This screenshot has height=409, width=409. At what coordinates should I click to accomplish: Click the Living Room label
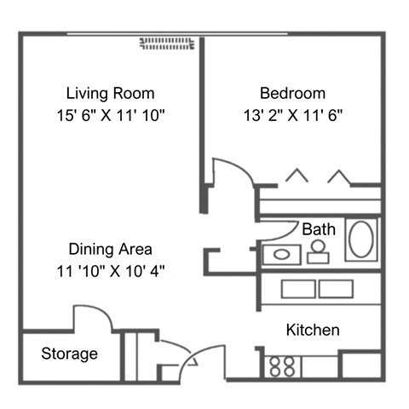pyautogui.click(x=110, y=93)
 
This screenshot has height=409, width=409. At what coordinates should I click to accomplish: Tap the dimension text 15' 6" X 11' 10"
pyautogui.click(x=110, y=114)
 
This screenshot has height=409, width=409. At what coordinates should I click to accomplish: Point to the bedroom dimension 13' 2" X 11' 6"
pyautogui.click(x=294, y=114)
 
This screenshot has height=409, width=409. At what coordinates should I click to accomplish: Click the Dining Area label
pyautogui.click(x=110, y=250)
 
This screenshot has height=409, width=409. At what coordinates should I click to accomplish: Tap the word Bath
pyautogui.click(x=319, y=229)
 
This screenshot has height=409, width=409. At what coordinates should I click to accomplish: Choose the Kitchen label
pyautogui.click(x=313, y=330)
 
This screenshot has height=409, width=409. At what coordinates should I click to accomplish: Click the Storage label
pyautogui.click(x=69, y=354)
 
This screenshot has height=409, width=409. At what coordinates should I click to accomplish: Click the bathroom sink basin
pyautogui.click(x=282, y=254)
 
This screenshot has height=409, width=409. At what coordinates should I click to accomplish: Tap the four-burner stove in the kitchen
pyautogui.click(x=282, y=366)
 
